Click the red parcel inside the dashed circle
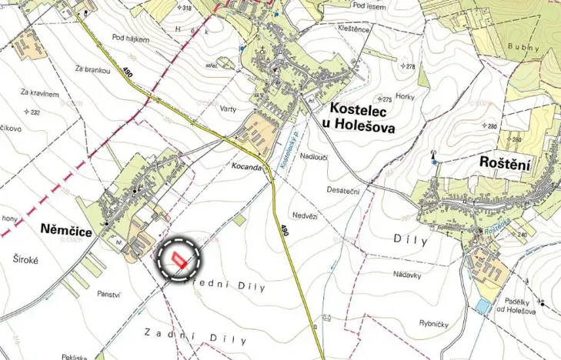[x=179, y=258]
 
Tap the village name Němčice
[x=65, y=228]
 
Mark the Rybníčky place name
[x=433, y=324]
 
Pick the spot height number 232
[x=32, y=112]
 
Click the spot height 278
[x=409, y=67]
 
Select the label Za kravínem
[x=39, y=93]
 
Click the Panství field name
[x=111, y=294]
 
